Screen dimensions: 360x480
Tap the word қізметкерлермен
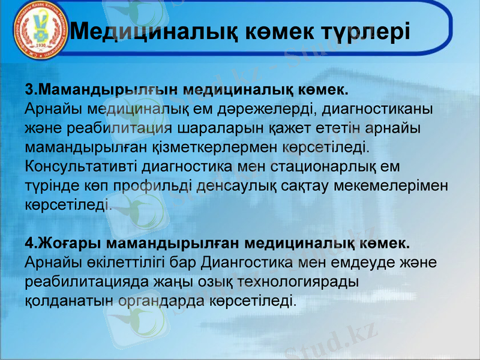218,147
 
